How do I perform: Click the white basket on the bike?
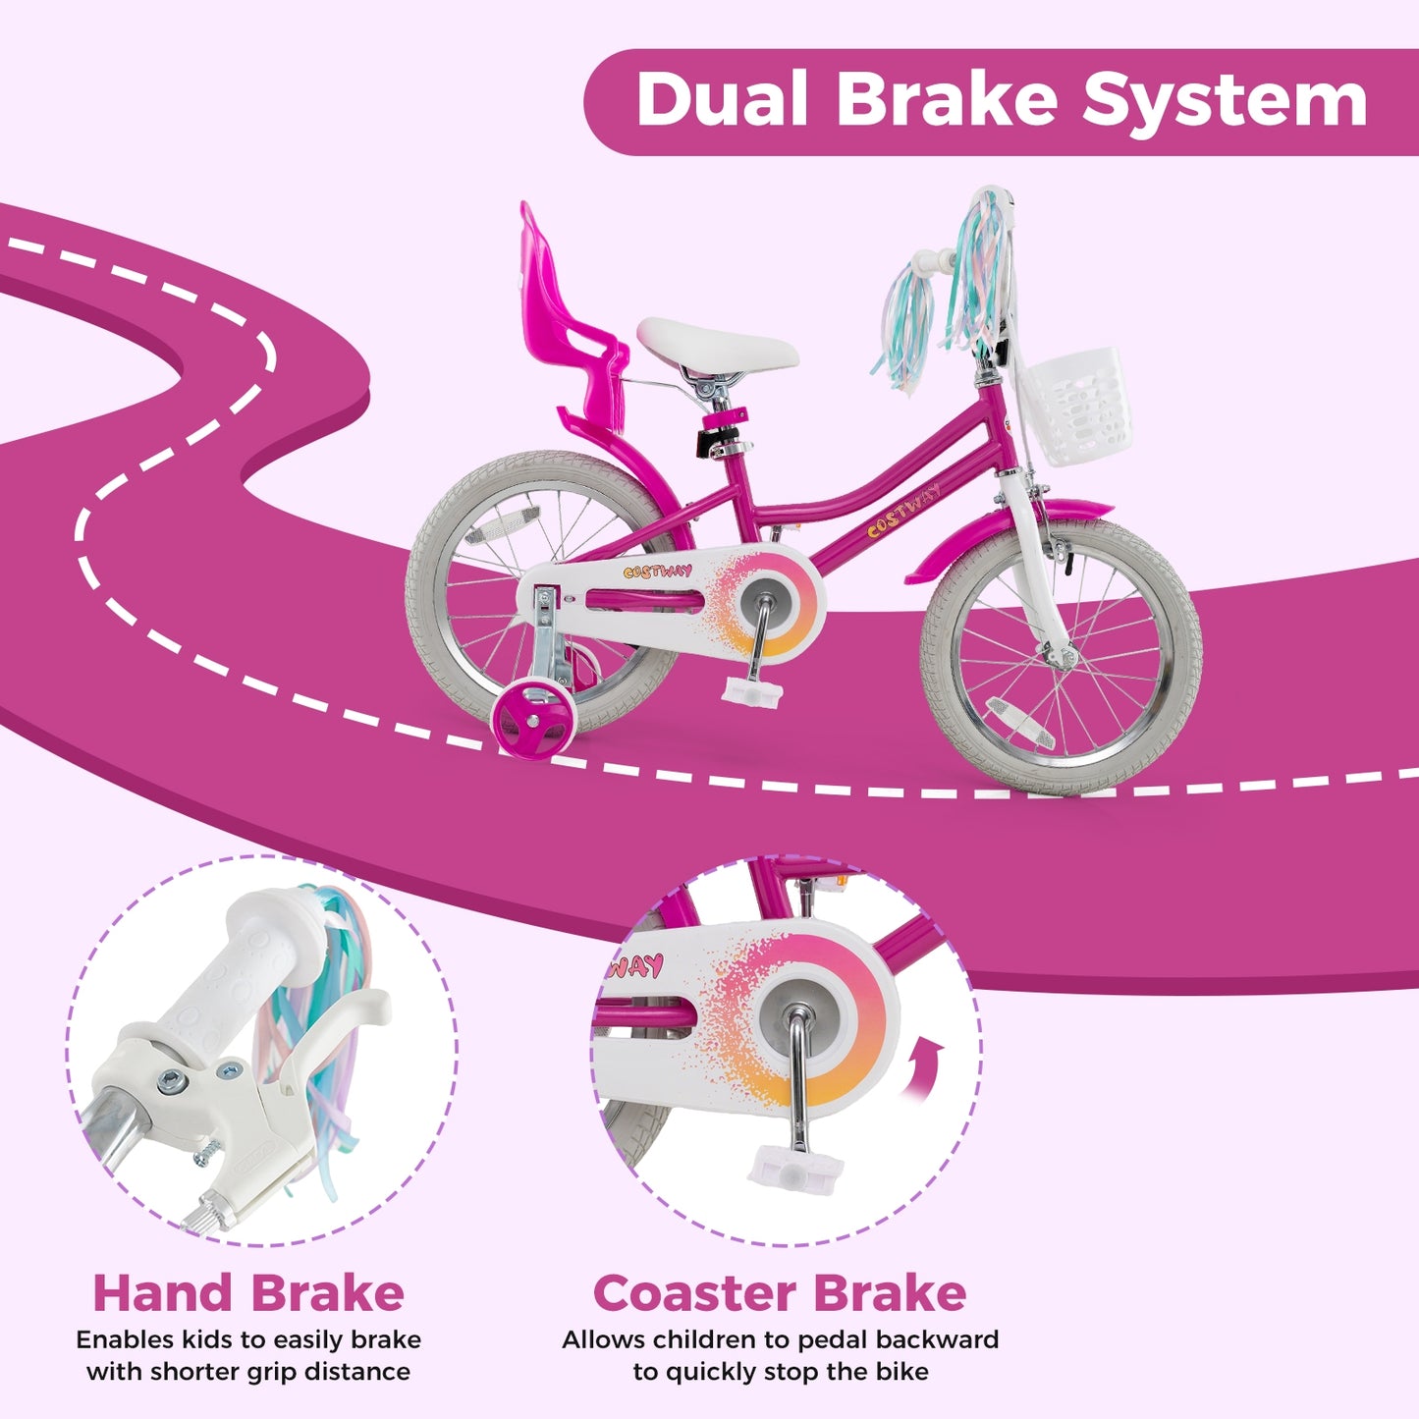tap(1071, 406)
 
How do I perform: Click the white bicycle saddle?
tap(717, 345)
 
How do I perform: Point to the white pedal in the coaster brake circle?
tap(795, 1169)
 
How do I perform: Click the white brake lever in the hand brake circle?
tap(324, 1051)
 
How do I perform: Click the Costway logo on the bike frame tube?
tap(903, 512)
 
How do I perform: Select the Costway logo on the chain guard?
tap(657, 572)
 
